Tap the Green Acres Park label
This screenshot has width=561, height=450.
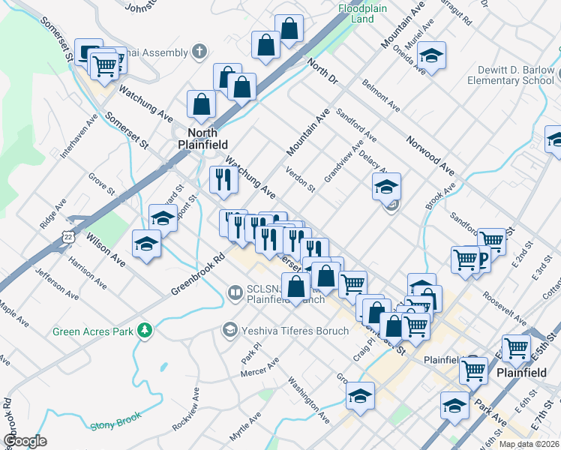tap(91, 331)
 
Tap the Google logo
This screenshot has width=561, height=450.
tap(24, 441)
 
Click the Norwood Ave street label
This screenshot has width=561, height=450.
tap(430, 153)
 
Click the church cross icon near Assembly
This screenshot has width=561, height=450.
tap(199, 52)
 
